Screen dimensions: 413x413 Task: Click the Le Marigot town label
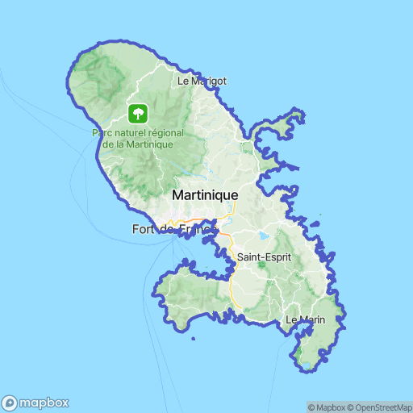pyautogui.click(x=201, y=81)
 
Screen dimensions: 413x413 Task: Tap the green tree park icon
pyautogui.click(x=138, y=113)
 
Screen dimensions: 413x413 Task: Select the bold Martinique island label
pyautogui.click(x=205, y=195)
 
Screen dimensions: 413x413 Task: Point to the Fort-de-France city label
pyautogui.click(x=174, y=230)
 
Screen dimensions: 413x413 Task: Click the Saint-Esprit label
pyautogui.click(x=263, y=257)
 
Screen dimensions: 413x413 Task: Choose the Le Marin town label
pyautogui.click(x=305, y=320)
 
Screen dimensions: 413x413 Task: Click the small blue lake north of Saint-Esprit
pyautogui.click(x=263, y=236)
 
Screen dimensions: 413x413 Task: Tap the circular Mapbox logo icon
pyautogui.click(x=10, y=403)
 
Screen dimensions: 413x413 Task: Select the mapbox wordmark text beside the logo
pyautogui.click(x=44, y=403)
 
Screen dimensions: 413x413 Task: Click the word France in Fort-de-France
pyautogui.click(x=198, y=230)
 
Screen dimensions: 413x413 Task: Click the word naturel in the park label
pyautogui.click(x=131, y=132)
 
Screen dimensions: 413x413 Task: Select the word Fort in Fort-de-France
pyautogui.click(x=143, y=230)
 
